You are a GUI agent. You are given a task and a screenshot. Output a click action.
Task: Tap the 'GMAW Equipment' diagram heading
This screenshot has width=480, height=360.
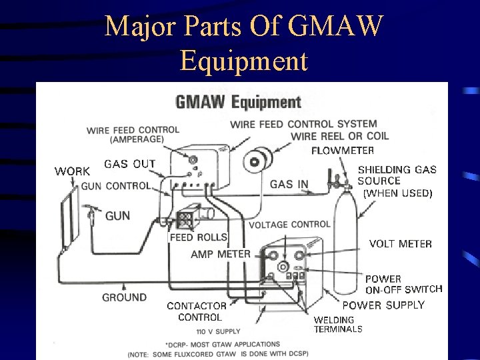click(x=238, y=102)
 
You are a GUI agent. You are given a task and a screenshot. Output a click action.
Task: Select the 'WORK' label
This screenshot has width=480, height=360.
click(x=72, y=171)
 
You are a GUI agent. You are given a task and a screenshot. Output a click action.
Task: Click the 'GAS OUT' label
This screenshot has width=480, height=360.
click(x=129, y=163)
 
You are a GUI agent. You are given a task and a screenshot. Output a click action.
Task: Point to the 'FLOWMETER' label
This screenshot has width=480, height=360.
click(x=343, y=151)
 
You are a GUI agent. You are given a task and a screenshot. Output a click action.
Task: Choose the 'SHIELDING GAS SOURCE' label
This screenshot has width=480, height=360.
click(x=397, y=175)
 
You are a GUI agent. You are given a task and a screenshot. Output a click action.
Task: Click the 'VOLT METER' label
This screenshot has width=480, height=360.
click(x=400, y=244)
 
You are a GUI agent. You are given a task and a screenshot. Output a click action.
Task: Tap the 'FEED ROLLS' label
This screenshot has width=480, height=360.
click(x=199, y=237)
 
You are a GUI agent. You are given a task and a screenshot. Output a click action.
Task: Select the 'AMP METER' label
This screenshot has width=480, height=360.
click(x=220, y=254)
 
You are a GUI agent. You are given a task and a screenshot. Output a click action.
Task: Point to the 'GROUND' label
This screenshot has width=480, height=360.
click(x=124, y=297)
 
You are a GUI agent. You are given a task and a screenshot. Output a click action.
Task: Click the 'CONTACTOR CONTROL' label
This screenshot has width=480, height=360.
click(x=197, y=311)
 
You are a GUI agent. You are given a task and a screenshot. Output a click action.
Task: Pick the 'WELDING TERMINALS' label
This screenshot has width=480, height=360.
click(x=338, y=325)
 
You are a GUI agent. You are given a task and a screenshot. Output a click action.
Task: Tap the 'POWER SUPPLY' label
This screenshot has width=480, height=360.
click(x=383, y=305)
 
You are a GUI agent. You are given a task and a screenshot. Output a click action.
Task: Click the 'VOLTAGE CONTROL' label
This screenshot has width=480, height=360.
click(x=289, y=225)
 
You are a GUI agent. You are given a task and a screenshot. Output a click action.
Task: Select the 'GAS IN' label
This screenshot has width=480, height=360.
click(x=289, y=185)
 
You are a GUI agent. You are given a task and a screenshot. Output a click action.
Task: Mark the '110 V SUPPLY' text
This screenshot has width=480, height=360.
click(x=218, y=331)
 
